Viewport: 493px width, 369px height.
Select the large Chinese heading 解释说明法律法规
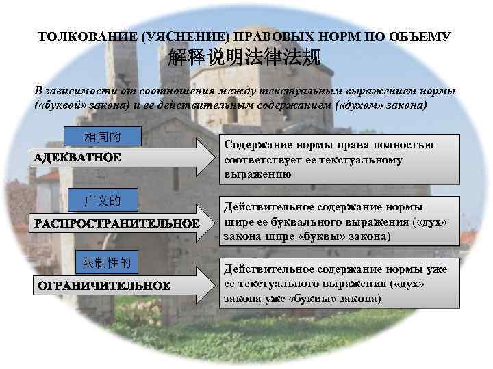click(x=244, y=59)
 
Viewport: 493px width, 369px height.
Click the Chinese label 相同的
click(x=102, y=137)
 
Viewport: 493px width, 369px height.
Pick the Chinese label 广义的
click(x=102, y=201)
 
